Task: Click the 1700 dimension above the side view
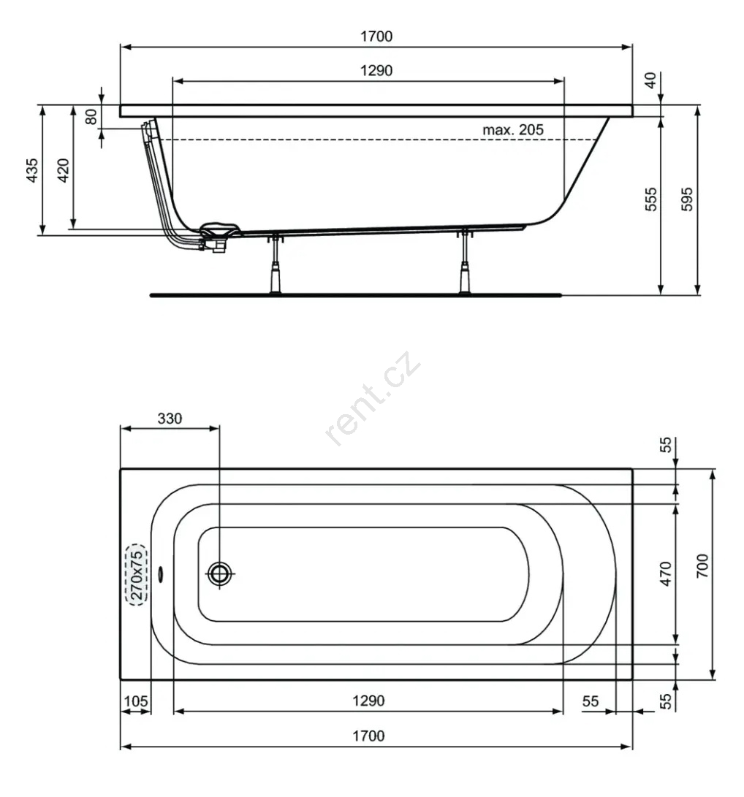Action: click(376, 37)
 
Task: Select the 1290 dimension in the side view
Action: click(376, 71)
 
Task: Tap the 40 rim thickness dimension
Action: click(650, 80)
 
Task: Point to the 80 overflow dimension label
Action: click(91, 117)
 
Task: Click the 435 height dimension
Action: click(32, 170)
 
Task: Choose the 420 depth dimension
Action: click(63, 170)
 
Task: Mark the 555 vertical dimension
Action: click(651, 199)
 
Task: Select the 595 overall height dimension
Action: click(686, 199)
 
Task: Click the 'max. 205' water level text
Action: click(512, 130)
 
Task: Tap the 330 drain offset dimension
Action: click(170, 419)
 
